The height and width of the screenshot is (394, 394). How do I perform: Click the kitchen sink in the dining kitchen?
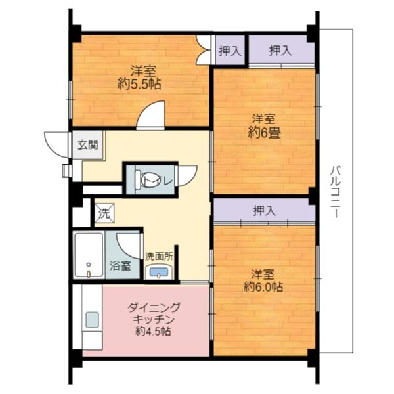point(92,320)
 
